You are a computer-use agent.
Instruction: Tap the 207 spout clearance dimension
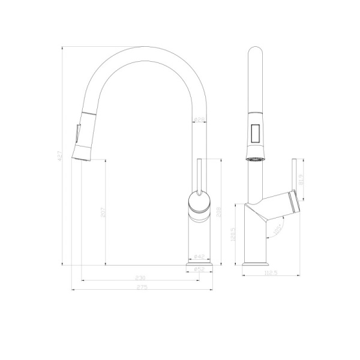(103, 211)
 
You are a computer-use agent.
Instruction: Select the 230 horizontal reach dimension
(140, 278)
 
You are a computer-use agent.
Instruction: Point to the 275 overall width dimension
(142, 287)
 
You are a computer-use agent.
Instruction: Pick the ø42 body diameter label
(200, 257)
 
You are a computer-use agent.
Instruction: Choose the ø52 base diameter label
(200, 269)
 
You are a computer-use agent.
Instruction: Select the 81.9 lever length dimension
(300, 178)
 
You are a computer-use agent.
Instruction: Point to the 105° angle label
(277, 229)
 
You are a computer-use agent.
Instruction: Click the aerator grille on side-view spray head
(256, 158)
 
